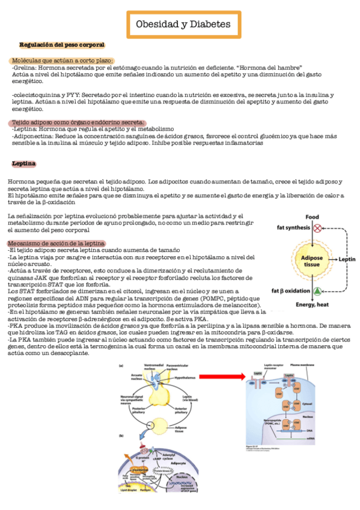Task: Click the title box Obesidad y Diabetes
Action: [183, 25]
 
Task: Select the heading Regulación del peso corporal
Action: [62, 45]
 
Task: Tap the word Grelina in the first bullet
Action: [25, 67]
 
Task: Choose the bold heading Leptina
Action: [24, 164]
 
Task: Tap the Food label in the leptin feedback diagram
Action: [312, 217]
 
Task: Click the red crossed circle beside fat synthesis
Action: [317, 229]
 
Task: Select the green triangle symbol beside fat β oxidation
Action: [317, 291]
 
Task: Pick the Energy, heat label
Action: [312, 304]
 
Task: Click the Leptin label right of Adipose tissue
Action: [347, 260]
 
